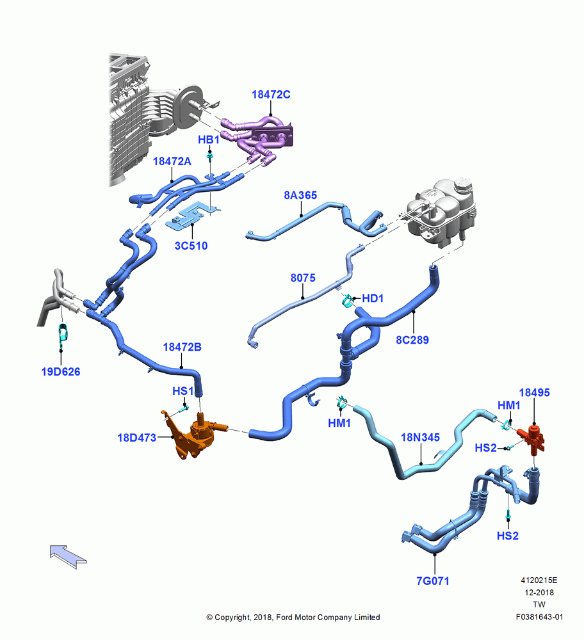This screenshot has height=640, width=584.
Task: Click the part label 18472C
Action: point(271,95)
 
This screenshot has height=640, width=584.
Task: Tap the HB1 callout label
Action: point(209,140)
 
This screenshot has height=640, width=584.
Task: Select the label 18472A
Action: point(172,161)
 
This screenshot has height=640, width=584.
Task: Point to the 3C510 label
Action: point(191,246)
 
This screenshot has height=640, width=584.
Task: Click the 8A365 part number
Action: point(300,195)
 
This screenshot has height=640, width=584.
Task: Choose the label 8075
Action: point(303,278)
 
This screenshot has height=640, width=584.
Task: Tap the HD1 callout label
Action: point(373,298)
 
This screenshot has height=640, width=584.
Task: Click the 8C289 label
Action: point(412,340)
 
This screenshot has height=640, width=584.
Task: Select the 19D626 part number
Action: point(61,371)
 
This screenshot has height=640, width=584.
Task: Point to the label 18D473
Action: point(137,438)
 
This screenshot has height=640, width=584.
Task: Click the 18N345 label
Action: point(420,437)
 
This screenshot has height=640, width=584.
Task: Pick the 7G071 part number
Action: point(433,581)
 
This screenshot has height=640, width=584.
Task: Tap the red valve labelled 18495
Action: point(531,439)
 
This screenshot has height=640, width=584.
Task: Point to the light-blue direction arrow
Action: point(69,556)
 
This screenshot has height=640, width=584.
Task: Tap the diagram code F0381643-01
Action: point(539,617)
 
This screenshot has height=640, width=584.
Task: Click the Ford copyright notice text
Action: point(293,617)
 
